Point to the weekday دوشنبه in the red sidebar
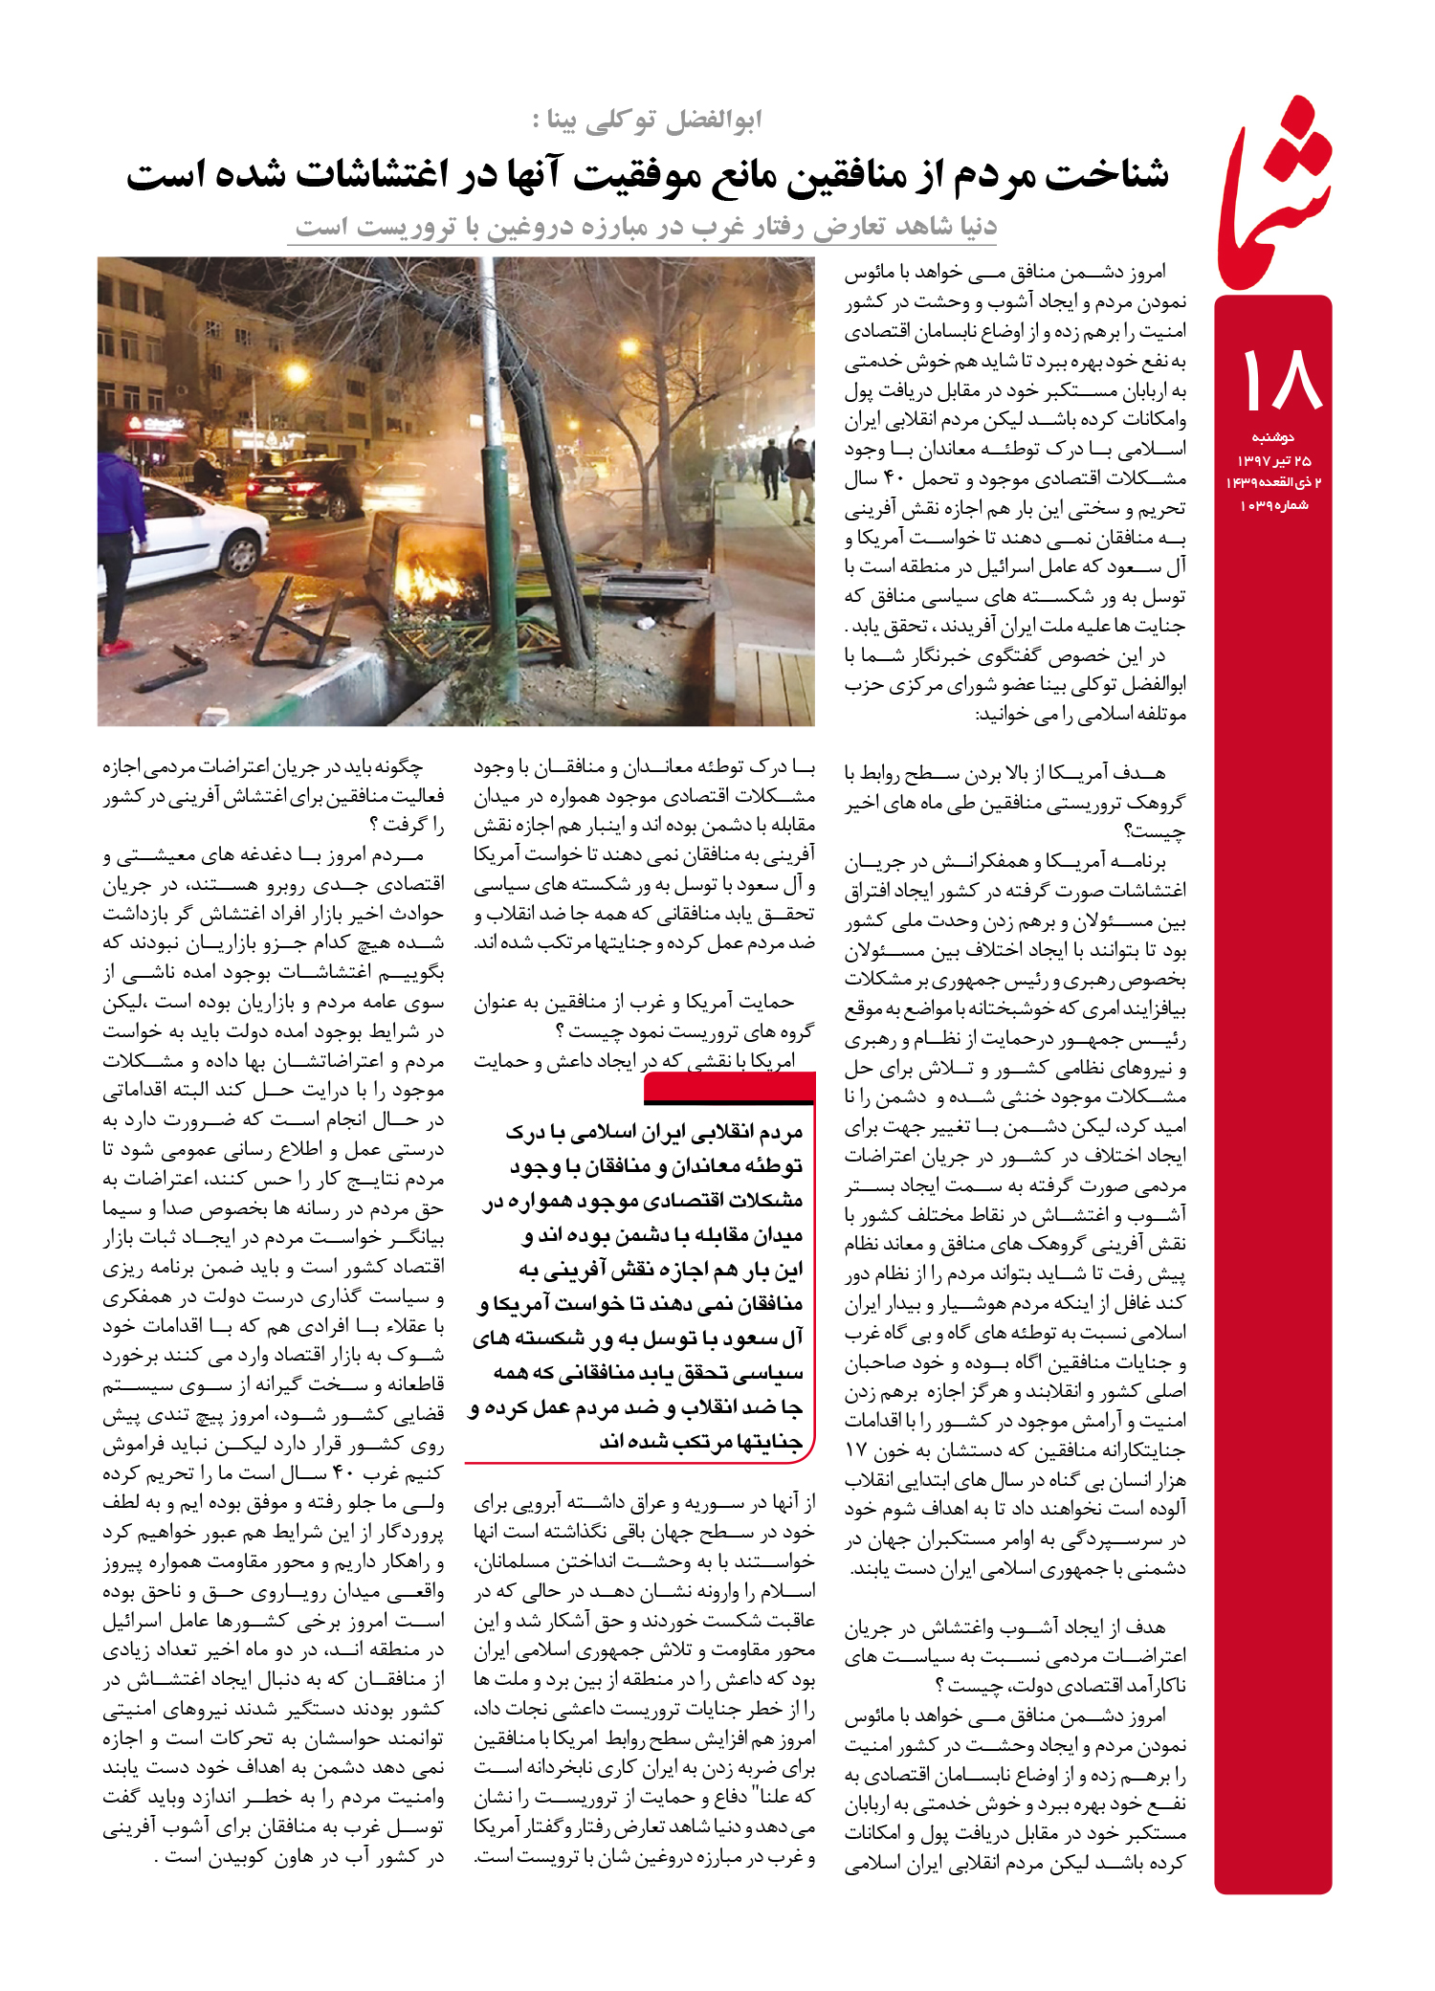(1273, 437)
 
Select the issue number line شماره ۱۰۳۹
(1273, 505)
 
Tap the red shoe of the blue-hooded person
(118, 648)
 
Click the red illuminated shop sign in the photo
(157, 422)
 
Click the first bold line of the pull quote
(655, 1133)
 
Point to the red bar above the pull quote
(730, 1087)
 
